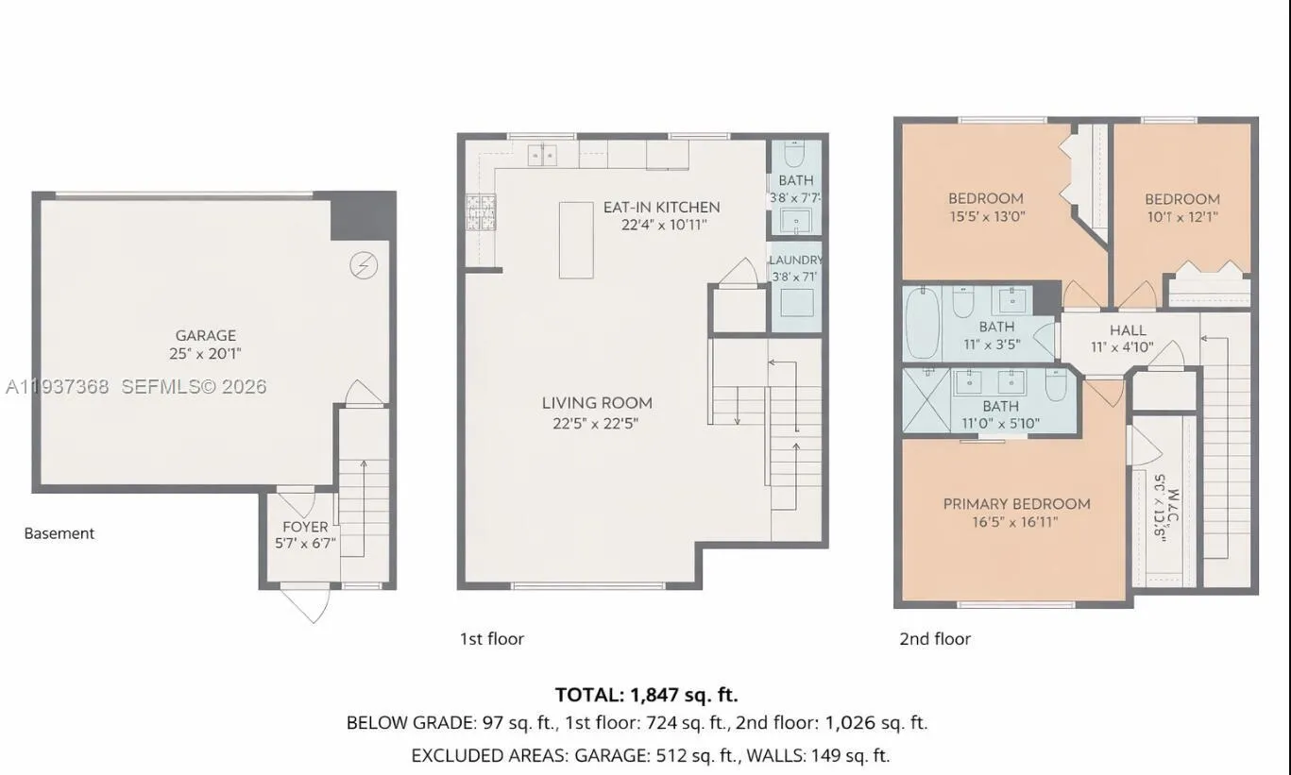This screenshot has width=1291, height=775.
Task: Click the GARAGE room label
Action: point(205,335)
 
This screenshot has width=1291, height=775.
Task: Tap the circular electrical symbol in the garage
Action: point(364,266)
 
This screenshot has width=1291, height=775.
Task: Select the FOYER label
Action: point(305,527)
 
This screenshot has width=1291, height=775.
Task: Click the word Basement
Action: point(59,533)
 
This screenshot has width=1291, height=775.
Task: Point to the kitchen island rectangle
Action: point(576,240)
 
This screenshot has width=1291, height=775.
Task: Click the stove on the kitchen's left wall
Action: point(474,212)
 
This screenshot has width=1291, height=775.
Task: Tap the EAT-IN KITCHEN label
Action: point(661,207)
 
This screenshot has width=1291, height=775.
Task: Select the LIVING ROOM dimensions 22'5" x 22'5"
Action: point(596,424)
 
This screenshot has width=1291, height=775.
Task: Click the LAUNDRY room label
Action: point(795,260)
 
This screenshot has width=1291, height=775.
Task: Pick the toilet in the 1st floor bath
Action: point(794,154)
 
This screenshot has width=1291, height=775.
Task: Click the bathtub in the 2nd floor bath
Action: point(922,323)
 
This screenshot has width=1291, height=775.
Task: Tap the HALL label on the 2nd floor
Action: point(1128,330)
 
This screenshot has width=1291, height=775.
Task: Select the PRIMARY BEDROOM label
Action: point(1016,504)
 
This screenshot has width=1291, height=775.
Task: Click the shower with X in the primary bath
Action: point(926,400)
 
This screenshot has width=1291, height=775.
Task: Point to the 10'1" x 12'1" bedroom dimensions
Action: point(1181,216)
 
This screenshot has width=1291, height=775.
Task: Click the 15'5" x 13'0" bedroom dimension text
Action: point(986,216)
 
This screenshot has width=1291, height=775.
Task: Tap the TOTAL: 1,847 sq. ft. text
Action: point(646,695)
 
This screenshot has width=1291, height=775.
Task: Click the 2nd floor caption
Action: point(934,639)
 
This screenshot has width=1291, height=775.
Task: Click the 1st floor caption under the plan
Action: point(491,639)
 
